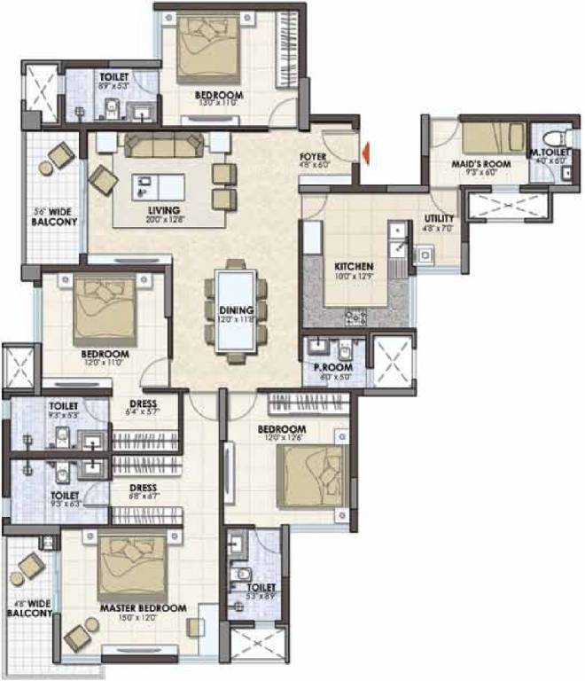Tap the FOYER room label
pos(314,156)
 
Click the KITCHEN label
pos(353,266)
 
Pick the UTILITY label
pos(440,219)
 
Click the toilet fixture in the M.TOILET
pos(554,138)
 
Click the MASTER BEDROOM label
pos(143,608)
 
